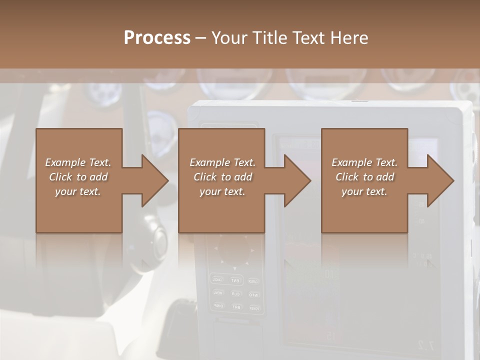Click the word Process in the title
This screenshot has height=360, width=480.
(157, 38)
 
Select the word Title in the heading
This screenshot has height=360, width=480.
(270, 38)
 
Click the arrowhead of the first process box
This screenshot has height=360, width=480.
(155, 180)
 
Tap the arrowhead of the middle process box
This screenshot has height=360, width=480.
(297, 180)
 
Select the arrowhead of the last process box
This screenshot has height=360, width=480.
(440, 180)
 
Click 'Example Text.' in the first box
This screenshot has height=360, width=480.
(78, 162)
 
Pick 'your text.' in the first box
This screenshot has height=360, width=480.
(78, 191)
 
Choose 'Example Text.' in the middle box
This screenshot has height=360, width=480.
(222, 162)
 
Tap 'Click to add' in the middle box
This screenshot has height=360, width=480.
(222, 177)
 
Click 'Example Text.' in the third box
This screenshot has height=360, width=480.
(364, 162)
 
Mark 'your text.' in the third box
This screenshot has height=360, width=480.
(364, 191)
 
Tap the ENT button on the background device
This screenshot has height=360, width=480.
(235, 280)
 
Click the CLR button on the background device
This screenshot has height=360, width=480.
(235, 293)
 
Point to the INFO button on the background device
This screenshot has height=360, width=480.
(253, 294)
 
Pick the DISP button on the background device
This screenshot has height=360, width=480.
(218, 305)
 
